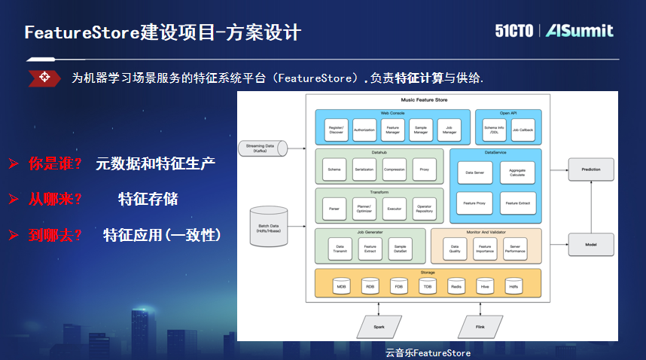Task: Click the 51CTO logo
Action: coord(513,31)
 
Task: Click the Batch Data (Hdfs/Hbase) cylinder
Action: coord(269,227)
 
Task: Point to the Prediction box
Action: coord(591,170)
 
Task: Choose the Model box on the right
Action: coord(591,245)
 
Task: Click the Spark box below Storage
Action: coord(379,327)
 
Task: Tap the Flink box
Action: coord(480,327)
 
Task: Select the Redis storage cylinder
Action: coord(457,286)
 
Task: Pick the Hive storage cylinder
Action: coord(486,286)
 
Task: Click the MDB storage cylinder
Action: coord(342,286)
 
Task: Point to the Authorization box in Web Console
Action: coord(364,130)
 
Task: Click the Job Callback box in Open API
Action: coord(523,130)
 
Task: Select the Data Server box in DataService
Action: coord(474,172)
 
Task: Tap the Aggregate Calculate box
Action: coord(517,172)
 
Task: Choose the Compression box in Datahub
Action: coord(394,170)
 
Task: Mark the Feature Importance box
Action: coord(485,249)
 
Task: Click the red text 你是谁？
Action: coord(55,163)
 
